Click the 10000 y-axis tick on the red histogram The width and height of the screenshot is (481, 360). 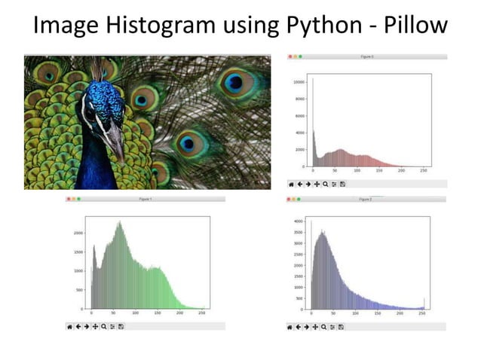point(298,81)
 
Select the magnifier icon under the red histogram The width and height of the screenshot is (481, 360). point(325,184)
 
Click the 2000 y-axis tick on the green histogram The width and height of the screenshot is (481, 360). point(78,233)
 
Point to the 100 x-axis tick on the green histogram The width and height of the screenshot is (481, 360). point(135,314)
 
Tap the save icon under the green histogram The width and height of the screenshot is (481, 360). point(121,326)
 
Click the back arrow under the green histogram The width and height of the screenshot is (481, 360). point(78,326)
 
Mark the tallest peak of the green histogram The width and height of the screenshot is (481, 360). point(118,222)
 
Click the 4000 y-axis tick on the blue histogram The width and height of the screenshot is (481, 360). point(298,221)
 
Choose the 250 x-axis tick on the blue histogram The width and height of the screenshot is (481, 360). point(422,314)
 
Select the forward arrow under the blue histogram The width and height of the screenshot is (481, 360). point(308,326)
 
